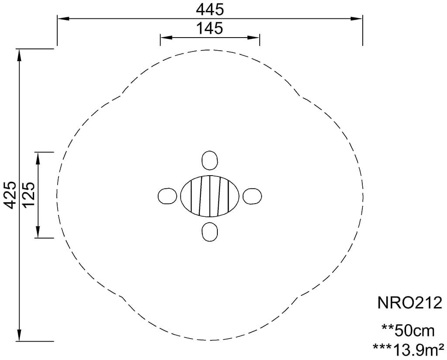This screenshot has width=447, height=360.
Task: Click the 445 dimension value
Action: [x=210, y=10]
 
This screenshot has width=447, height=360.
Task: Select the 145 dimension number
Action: [x=210, y=28]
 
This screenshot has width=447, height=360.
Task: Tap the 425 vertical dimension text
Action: [x=11, y=195]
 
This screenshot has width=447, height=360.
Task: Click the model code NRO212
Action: [x=409, y=303]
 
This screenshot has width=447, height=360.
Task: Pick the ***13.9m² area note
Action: [x=408, y=350]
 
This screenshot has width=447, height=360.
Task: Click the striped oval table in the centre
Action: [x=210, y=196]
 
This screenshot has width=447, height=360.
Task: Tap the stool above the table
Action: [x=210, y=160]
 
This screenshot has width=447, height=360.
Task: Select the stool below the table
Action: [x=210, y=232]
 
